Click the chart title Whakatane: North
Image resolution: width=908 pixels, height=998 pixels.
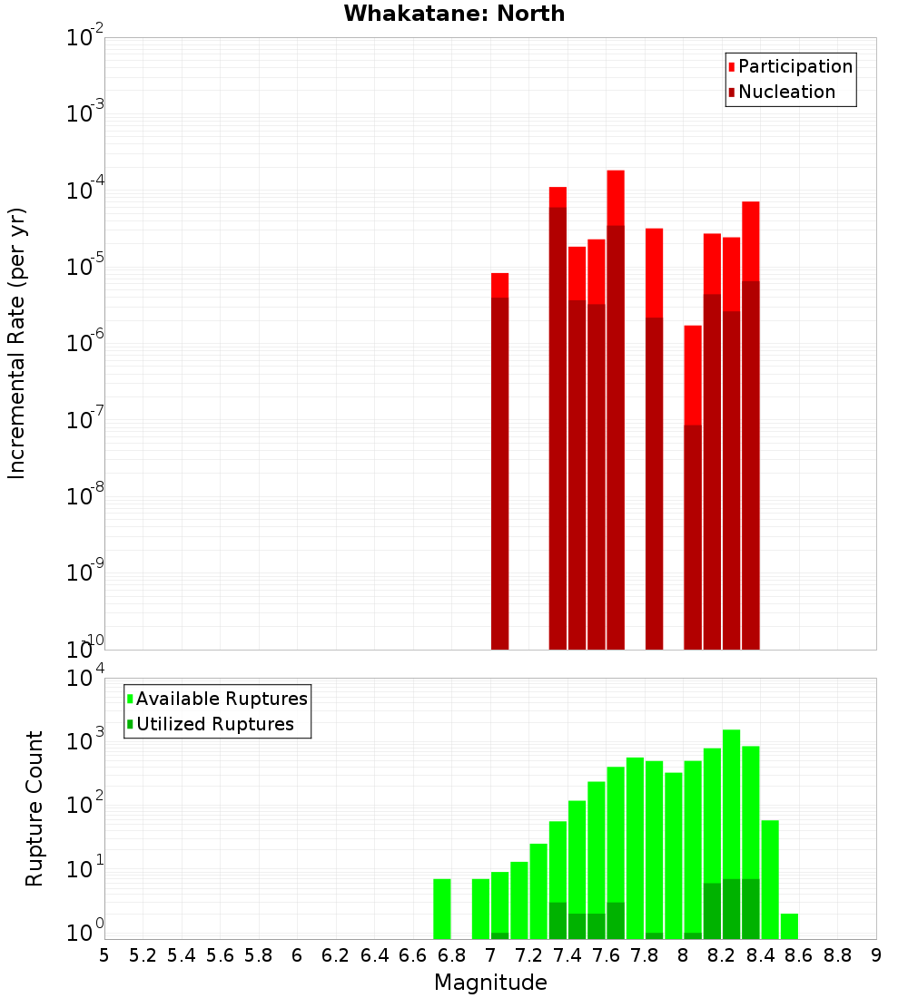[454, 14]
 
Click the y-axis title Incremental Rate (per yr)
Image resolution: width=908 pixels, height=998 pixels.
[17, 344]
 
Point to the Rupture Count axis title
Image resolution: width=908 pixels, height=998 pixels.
[35, 808]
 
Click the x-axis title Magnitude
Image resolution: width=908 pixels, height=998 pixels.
[490, 983]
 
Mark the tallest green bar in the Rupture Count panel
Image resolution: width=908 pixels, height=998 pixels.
[731, 834]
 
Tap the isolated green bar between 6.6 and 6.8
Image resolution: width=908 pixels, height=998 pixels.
[442, 908]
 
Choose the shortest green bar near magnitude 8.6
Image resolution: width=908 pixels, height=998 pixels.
[789, 926]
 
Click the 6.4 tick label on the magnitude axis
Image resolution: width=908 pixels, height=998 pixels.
[375, 955]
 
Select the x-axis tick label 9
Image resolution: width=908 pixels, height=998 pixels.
[876, 955]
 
